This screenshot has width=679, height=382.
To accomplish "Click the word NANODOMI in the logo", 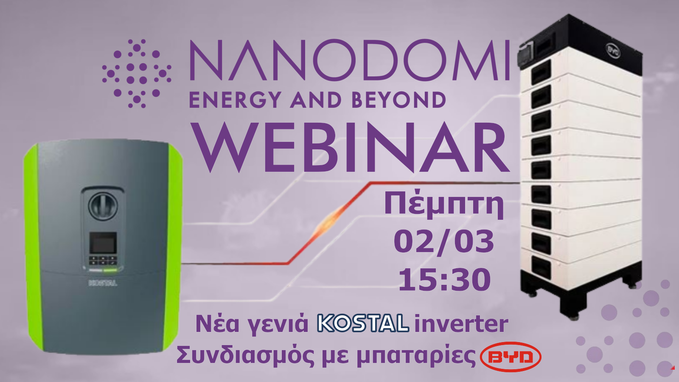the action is (349, 60).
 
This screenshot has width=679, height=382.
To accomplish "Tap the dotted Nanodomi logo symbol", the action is (137, 73).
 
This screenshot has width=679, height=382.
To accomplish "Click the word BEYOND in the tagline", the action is (398, 100).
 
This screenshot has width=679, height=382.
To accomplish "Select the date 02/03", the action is (444, 242).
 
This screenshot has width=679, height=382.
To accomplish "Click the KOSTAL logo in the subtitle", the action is (363, 323).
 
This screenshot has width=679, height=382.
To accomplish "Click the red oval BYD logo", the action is (511, 357).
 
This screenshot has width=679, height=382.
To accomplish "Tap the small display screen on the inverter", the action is (103, 243).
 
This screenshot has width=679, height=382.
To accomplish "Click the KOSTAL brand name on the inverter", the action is (103, 284).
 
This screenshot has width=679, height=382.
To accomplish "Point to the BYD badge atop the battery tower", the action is (613, 51).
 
